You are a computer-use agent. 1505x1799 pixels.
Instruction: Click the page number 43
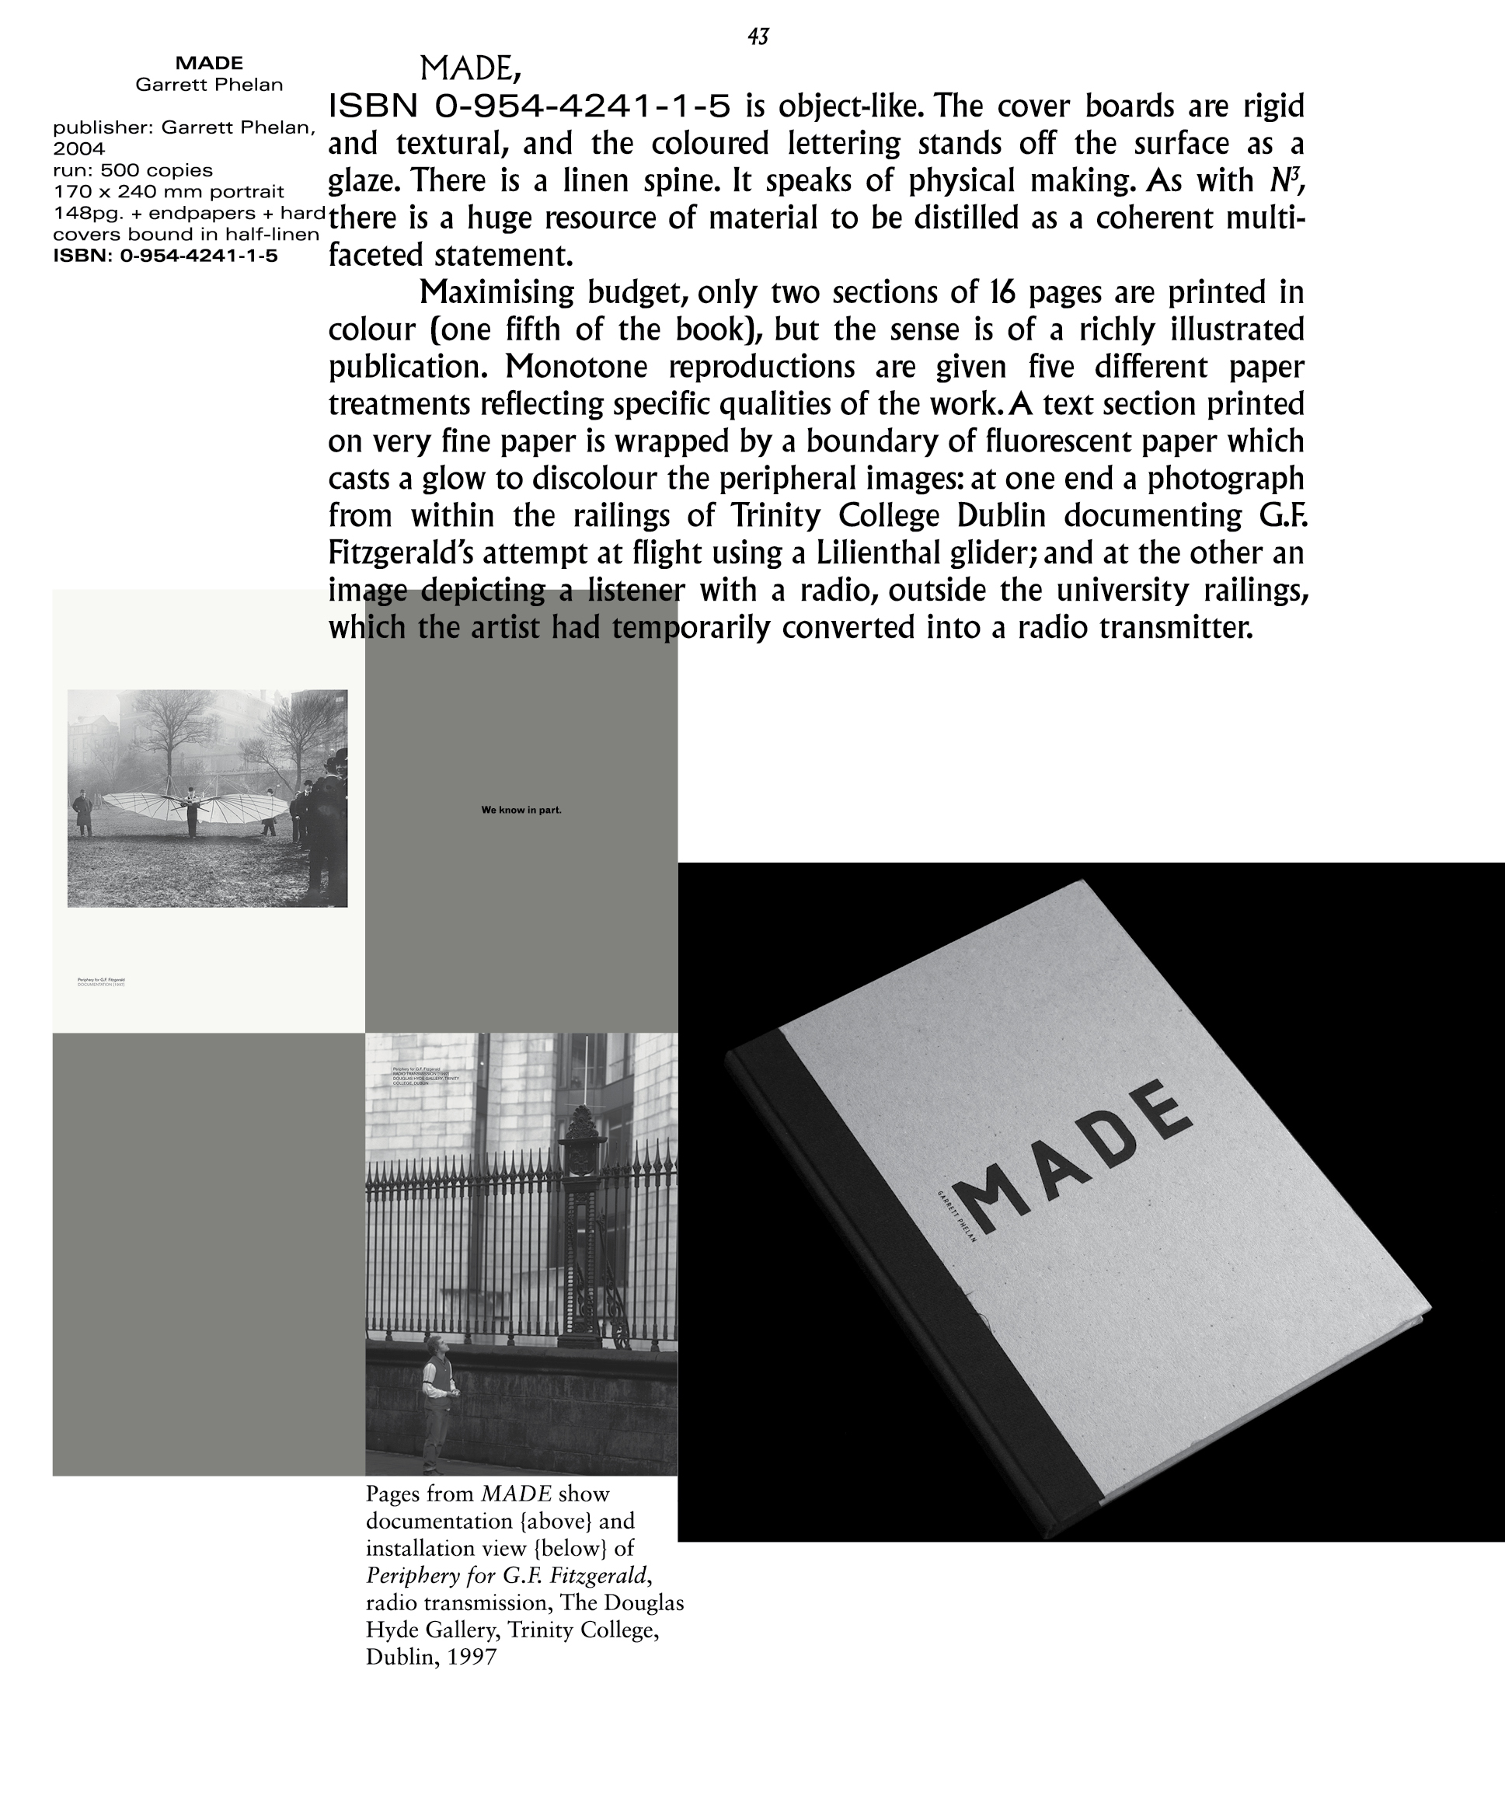(x=758, y=36)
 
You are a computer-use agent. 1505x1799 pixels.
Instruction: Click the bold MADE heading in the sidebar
(x=209, y=62)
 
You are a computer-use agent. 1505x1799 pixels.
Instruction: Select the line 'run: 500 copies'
(x=133, y=169)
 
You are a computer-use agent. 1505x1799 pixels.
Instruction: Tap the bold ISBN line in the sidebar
(x=165, y=256)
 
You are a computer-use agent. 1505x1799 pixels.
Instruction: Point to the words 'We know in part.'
(x=521, y=810)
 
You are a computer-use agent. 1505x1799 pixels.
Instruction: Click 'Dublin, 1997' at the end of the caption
(x=431, y=1657)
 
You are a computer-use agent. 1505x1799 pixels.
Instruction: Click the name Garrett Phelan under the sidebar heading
(x=209, y=84)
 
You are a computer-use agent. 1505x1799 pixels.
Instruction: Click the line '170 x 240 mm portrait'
(x=168, y=191)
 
